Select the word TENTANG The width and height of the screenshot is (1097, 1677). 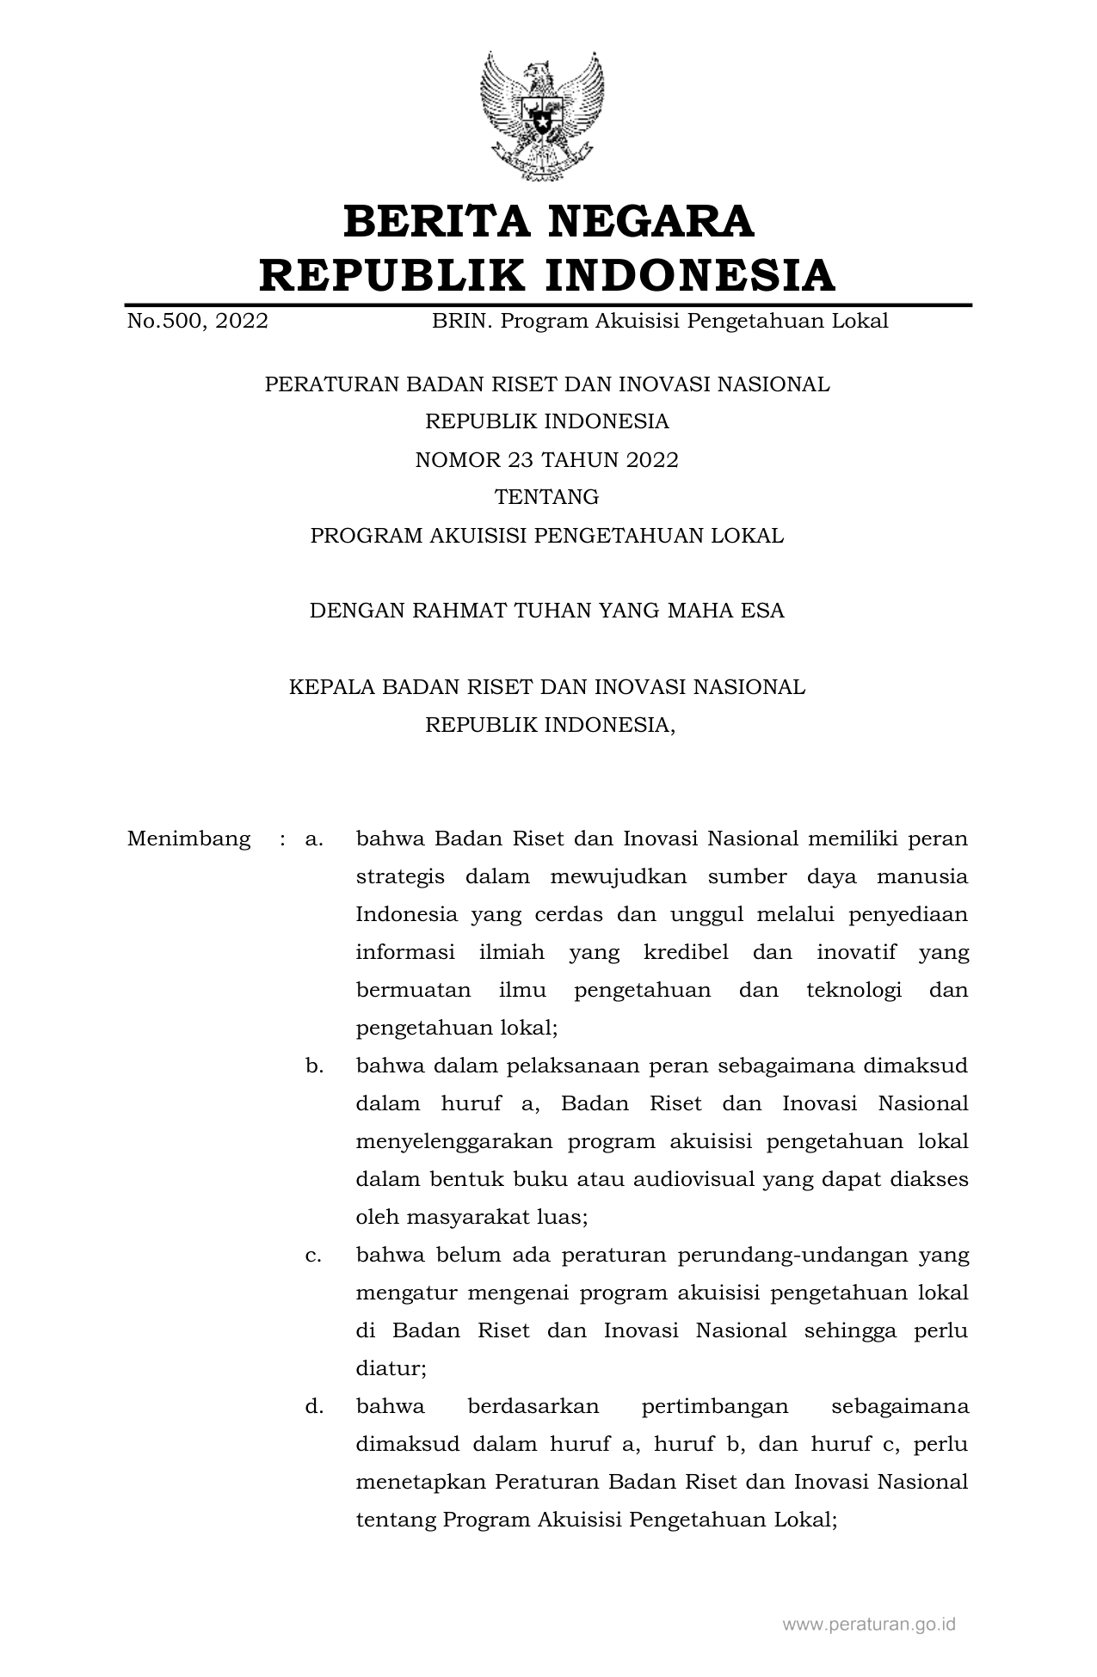[547, 498]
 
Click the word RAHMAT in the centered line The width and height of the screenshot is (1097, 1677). [460, 611]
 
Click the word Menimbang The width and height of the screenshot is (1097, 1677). [188, 838]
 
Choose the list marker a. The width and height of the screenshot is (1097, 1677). [314, 838]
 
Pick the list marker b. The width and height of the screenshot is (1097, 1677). [314, 1066]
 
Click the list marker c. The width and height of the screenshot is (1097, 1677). [314, 1256]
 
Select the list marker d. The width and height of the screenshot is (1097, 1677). [314, 1407]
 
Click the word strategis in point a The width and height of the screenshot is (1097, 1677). [400, 877]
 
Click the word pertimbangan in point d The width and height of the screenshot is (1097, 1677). [715, 1407]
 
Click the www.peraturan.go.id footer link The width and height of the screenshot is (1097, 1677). [868, 1625]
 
